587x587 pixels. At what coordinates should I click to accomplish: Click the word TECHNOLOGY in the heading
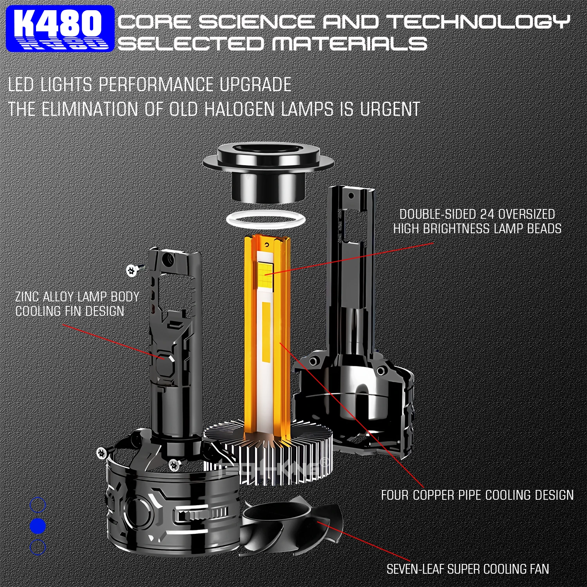pyautogui.click(x=479, y=22)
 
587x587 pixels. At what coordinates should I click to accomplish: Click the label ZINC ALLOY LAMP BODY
pyautogui.click(x=77, y=297)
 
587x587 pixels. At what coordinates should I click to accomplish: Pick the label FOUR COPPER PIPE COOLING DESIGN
pyautogui.click(x=477, y=495)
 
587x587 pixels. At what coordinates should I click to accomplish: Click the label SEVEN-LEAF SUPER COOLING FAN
pyautogui.click(x=467, y=569)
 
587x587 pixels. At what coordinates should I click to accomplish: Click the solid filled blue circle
pyautogui.click(x=38, y=526)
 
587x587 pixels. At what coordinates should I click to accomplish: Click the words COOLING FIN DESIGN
pyautogui.click(x=70, y=312)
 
